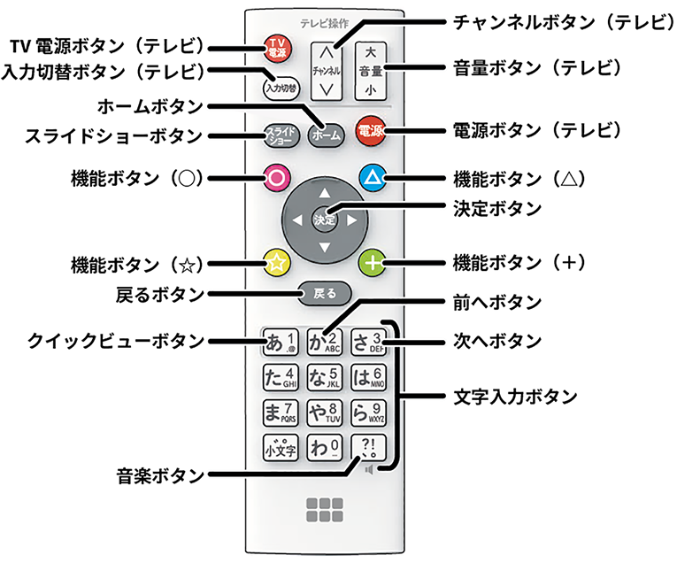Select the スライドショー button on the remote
[x=279, y=135]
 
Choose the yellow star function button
[x=277, y=262]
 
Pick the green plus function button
[x=373, y=262]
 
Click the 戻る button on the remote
[x=324, y=292]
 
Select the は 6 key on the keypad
[x=368, y=377]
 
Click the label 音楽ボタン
[x=159, y=474]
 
